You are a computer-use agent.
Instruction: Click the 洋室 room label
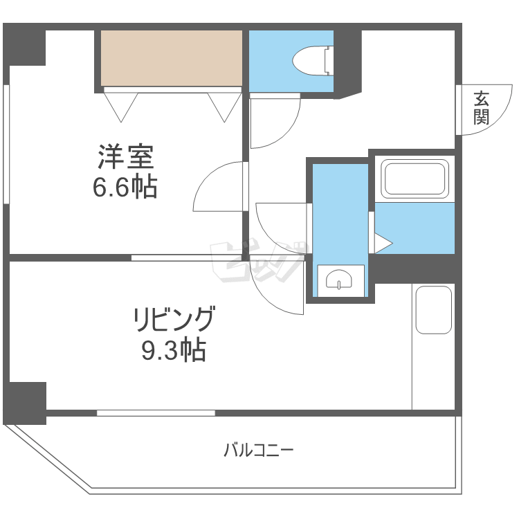pyautogui.click(x=125, y=158)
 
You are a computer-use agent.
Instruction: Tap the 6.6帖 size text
pyautogui.click(x=125, y=187)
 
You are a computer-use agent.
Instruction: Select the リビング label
pyautogui.click(x=174, y=321)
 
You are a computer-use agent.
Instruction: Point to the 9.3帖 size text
pyautogui.click(x=174, y=352)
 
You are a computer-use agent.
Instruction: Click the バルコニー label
pyautogui.click(x=258, y=451)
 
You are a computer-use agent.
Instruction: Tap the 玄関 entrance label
pyautogui.click(x=480, y=108)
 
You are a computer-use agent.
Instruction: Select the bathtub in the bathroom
pyautogui.click(x=415, y=179)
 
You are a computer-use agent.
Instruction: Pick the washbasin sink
pyautogui.click(x=339, y=280)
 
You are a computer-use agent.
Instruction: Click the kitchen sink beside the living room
pyautogui.click(x=433, y=309)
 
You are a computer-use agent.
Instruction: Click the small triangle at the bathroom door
pyautogui.click(x=383, y=242)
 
